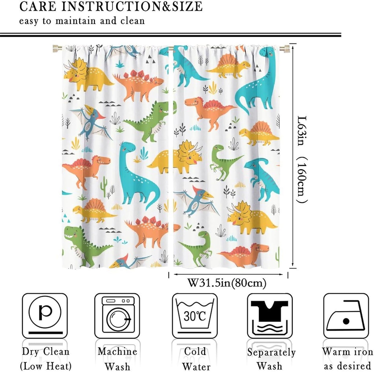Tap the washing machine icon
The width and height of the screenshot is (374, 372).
(x=117, y=316)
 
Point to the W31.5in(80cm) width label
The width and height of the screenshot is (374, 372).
(x=226, y=283)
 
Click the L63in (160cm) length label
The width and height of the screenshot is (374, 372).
(x=302, y=159)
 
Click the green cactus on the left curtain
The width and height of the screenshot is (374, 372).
(x=104, y=186)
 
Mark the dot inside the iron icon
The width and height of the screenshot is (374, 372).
(x=346, y=322)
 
